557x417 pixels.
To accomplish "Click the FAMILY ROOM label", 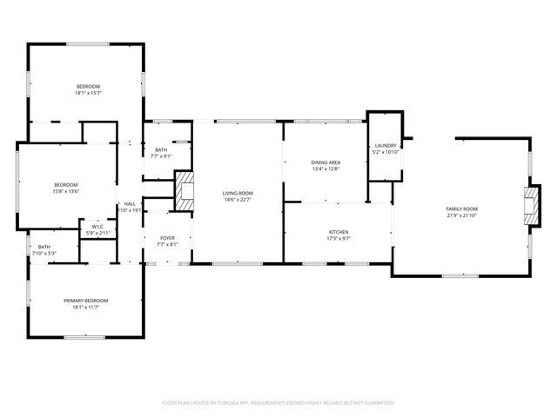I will pos(462,208).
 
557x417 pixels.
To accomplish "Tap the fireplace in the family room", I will pos(529,207).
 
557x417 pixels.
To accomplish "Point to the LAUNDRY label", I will pos(386,145).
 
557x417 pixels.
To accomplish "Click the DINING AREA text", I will pos(325,162).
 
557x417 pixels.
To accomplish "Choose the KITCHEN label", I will pos(339,232).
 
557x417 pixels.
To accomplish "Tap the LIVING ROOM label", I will pos(237,193).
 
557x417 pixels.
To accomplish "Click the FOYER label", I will pos(167,238).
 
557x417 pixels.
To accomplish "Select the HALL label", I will pos(130,203).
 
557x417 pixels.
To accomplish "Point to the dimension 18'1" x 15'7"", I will pos(88,93).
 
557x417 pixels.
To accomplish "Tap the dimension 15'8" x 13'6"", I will pos(66,191).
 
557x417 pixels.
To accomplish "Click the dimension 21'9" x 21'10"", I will pos(462,215).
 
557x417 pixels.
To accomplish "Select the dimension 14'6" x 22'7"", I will pos(237,200).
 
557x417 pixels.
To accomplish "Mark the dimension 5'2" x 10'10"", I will pos(386,152).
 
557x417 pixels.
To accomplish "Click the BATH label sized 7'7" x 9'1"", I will pos(161,150).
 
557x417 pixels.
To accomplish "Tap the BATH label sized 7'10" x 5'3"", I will pos(44,247).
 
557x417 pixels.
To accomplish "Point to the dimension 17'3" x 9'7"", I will pos(339,239).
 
